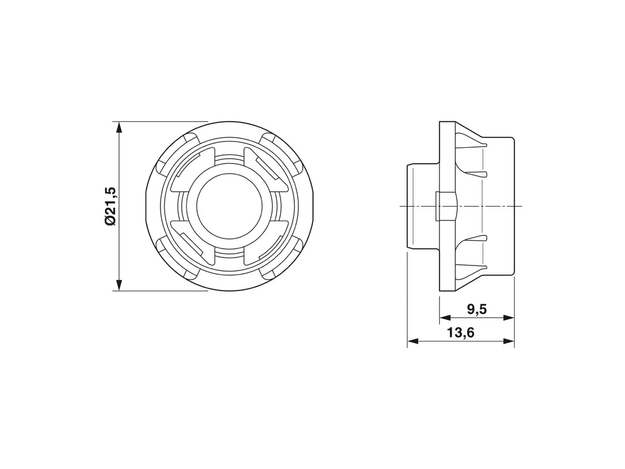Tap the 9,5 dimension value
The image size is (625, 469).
pyautogui.click(x=477, y=309)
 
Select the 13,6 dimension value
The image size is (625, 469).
pyautogui.click(x=461, y=333)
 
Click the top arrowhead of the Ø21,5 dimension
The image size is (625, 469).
pyautogui.click(x=119, y=128)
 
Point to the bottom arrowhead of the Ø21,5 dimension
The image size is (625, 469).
pyautogui.click(x=119, y=284)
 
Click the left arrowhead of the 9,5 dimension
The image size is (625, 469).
pyautogui.click(x=445, y=318)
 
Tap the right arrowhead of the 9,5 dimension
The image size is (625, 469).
pyautogui.click(x=509, y=318)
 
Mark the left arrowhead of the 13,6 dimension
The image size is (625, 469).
pyautogui.click(x=412, y=341)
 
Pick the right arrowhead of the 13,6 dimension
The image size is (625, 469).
pyautogui.click(x=509, y=341)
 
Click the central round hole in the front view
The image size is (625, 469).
pyautogui.click(x=229, y=206)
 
